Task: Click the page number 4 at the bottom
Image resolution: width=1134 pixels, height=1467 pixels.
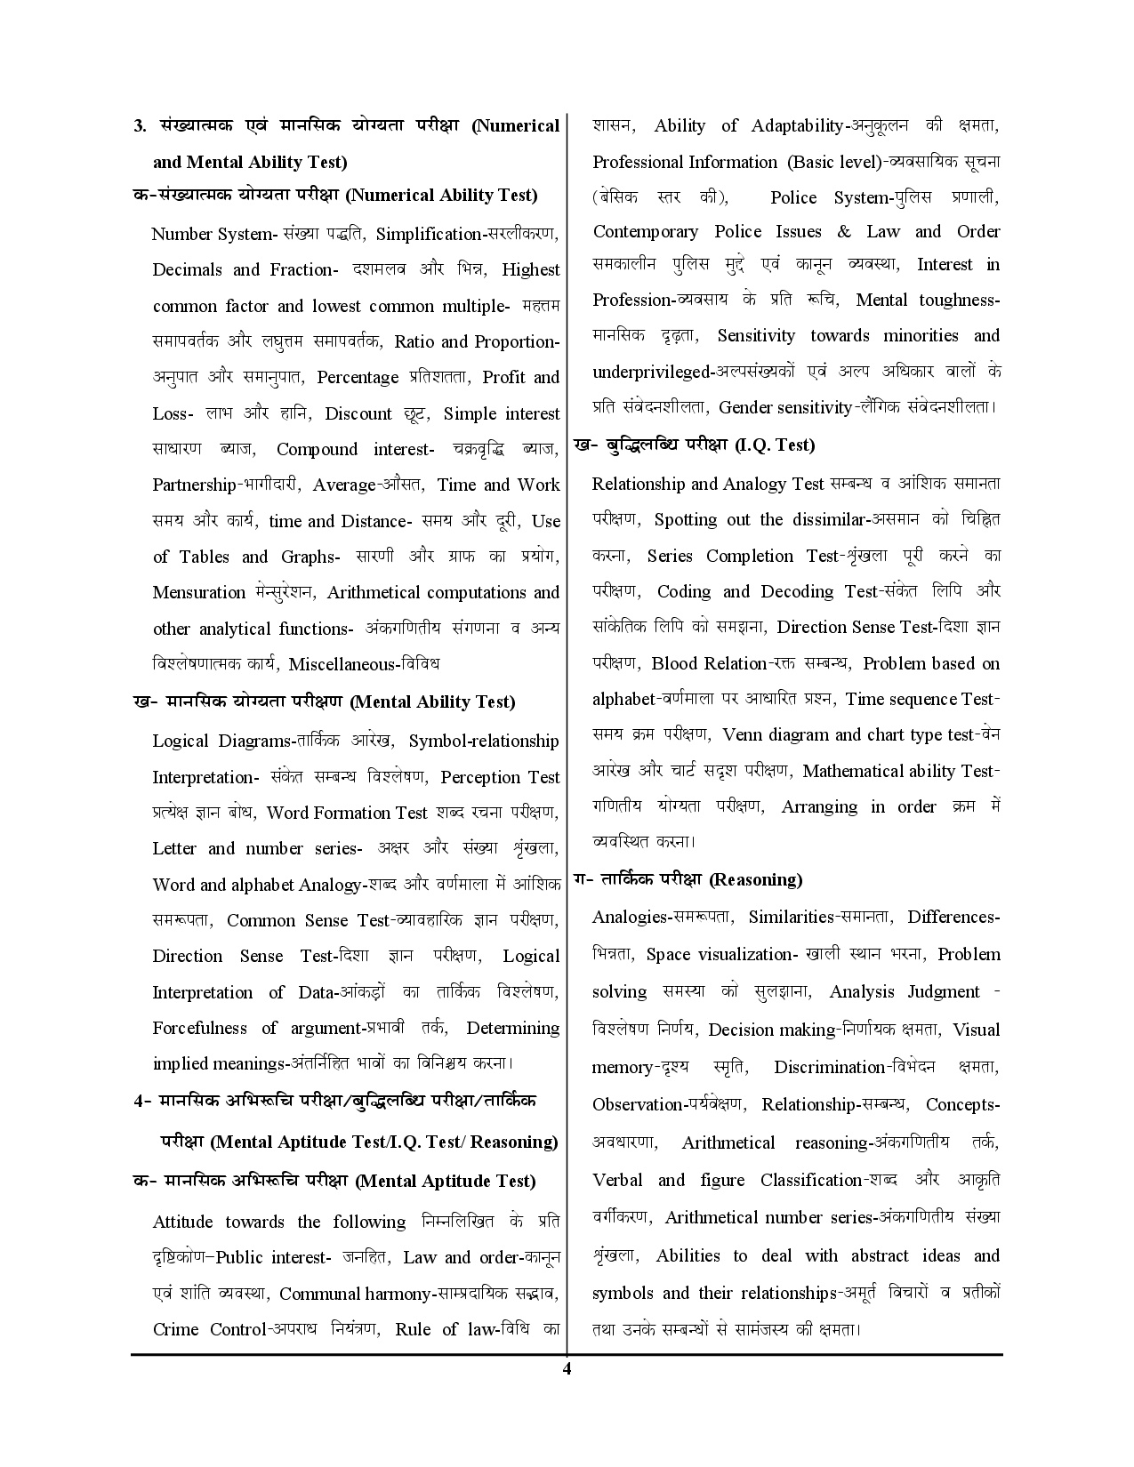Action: [x=567, y=1368]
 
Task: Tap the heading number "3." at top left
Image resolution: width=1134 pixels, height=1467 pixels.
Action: [x=140, y=125]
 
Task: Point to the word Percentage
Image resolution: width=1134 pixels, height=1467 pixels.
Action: [x=358, y=377]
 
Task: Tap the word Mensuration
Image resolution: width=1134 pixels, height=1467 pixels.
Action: [x=198, y=592]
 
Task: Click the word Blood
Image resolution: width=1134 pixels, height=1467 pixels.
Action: [x=674, y=663]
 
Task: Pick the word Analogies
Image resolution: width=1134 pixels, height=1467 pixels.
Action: [x=630, y=917]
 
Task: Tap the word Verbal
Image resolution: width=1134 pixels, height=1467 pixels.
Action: [x=617, y=1180]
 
